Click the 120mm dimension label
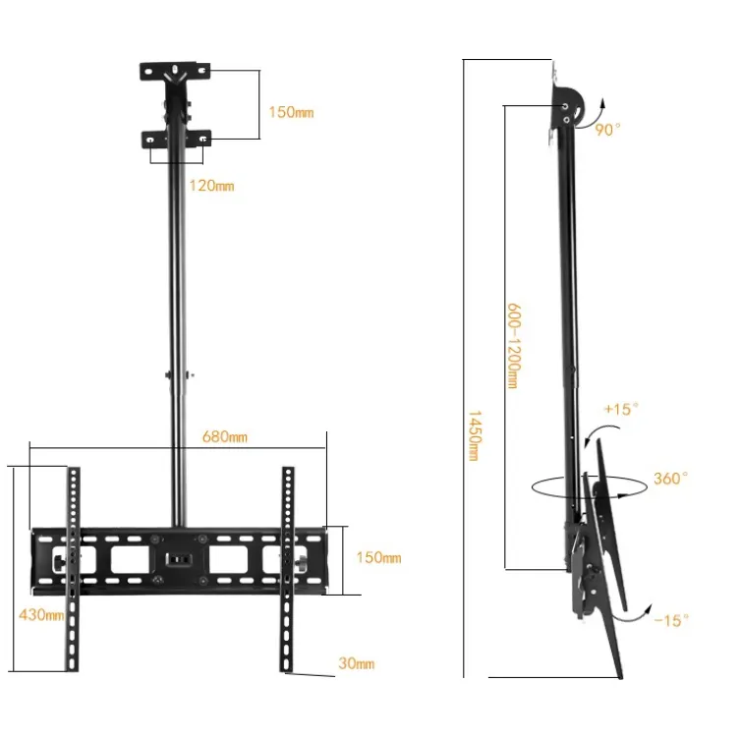(x=211, y=186)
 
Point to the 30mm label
(x=357, y=663)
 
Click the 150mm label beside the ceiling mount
(x=291, y=112)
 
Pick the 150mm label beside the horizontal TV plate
(x=378, y=558)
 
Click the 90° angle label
(x=607, y=130)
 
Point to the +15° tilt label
(x=621, y=408)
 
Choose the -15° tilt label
(x=672, y=619)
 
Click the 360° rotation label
(x=670, y=479)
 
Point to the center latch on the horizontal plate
(x=178, y=561)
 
